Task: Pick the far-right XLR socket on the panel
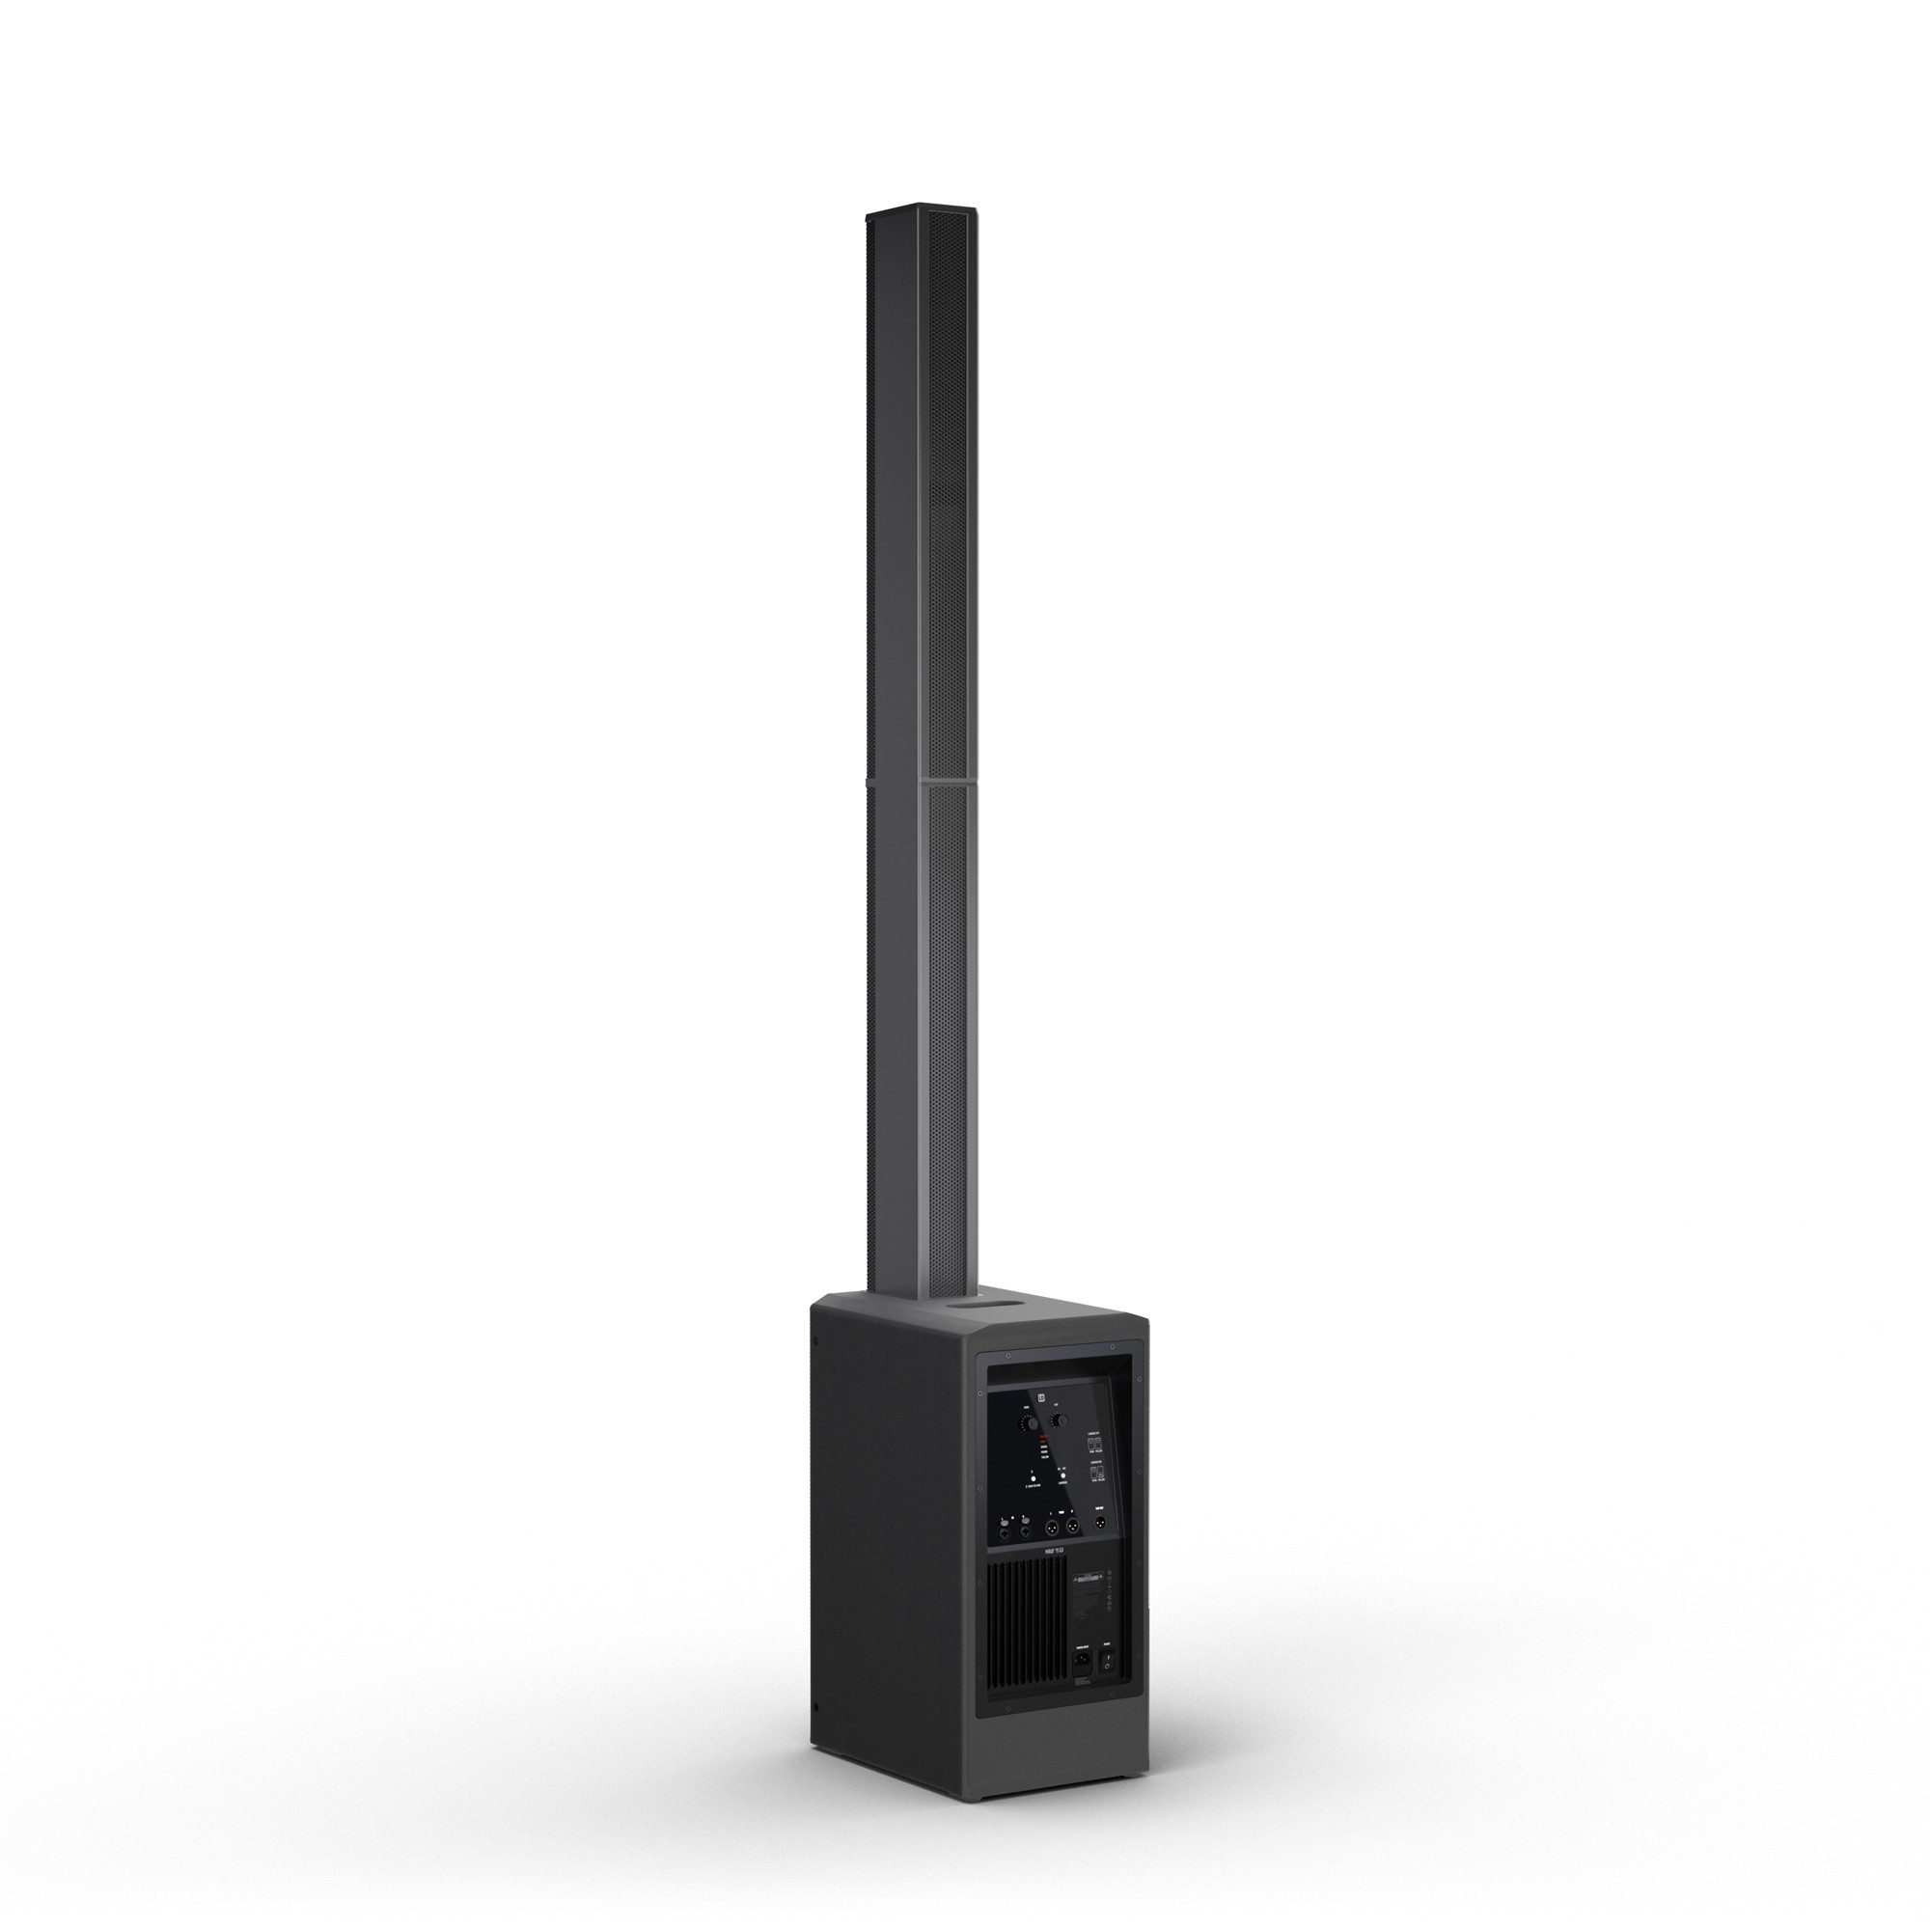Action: coord(1100,1525)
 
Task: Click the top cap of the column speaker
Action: coord(920,208)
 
